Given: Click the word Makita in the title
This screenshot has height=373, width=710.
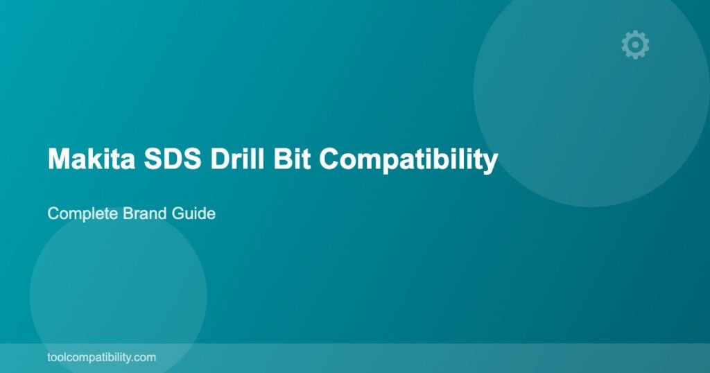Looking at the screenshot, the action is tap(92, 159).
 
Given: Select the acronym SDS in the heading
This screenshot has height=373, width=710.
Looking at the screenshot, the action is tap(172, 159).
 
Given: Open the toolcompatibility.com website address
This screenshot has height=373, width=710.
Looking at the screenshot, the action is tap(101, 358).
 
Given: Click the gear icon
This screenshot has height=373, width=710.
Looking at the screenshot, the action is tap(635, 44).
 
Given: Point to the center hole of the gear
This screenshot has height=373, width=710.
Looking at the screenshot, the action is tap(635, 44).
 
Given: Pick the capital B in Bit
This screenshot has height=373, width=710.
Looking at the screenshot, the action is tap(283, 159).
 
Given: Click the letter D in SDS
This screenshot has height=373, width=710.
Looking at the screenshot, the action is tap(172, 159).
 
